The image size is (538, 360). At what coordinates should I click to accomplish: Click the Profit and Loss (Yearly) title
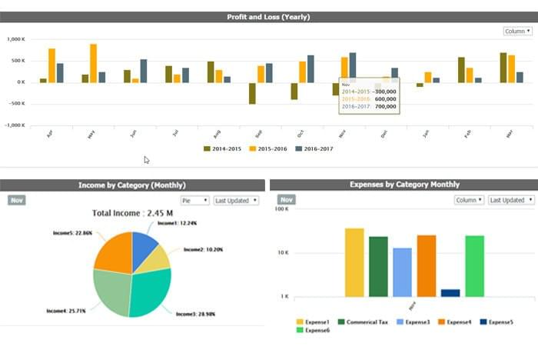[268, 16]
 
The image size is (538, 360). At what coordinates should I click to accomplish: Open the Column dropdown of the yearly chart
[516, 31]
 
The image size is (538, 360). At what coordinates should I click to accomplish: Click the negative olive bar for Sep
[252, 92]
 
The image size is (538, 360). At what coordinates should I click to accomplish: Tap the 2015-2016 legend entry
[270, 148]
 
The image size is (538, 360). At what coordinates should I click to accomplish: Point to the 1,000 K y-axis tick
[15, 38]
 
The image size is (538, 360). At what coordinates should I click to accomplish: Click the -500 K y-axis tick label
[15, 103]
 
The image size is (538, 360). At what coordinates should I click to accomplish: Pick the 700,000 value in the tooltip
[386, 106]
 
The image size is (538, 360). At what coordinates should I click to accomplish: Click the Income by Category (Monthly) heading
[132, 185]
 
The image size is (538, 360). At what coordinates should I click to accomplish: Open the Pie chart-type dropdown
[194, 200]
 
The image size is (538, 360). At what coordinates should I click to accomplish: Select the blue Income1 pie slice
[144, 244]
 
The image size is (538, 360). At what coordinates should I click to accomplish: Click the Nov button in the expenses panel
[287, 199]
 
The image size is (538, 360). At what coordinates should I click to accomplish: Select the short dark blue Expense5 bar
[450, 292]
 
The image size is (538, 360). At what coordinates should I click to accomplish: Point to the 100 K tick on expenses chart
[282, 209]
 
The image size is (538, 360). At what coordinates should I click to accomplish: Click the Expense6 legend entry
[314, 330]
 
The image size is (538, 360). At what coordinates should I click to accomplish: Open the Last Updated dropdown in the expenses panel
[510, 200]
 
